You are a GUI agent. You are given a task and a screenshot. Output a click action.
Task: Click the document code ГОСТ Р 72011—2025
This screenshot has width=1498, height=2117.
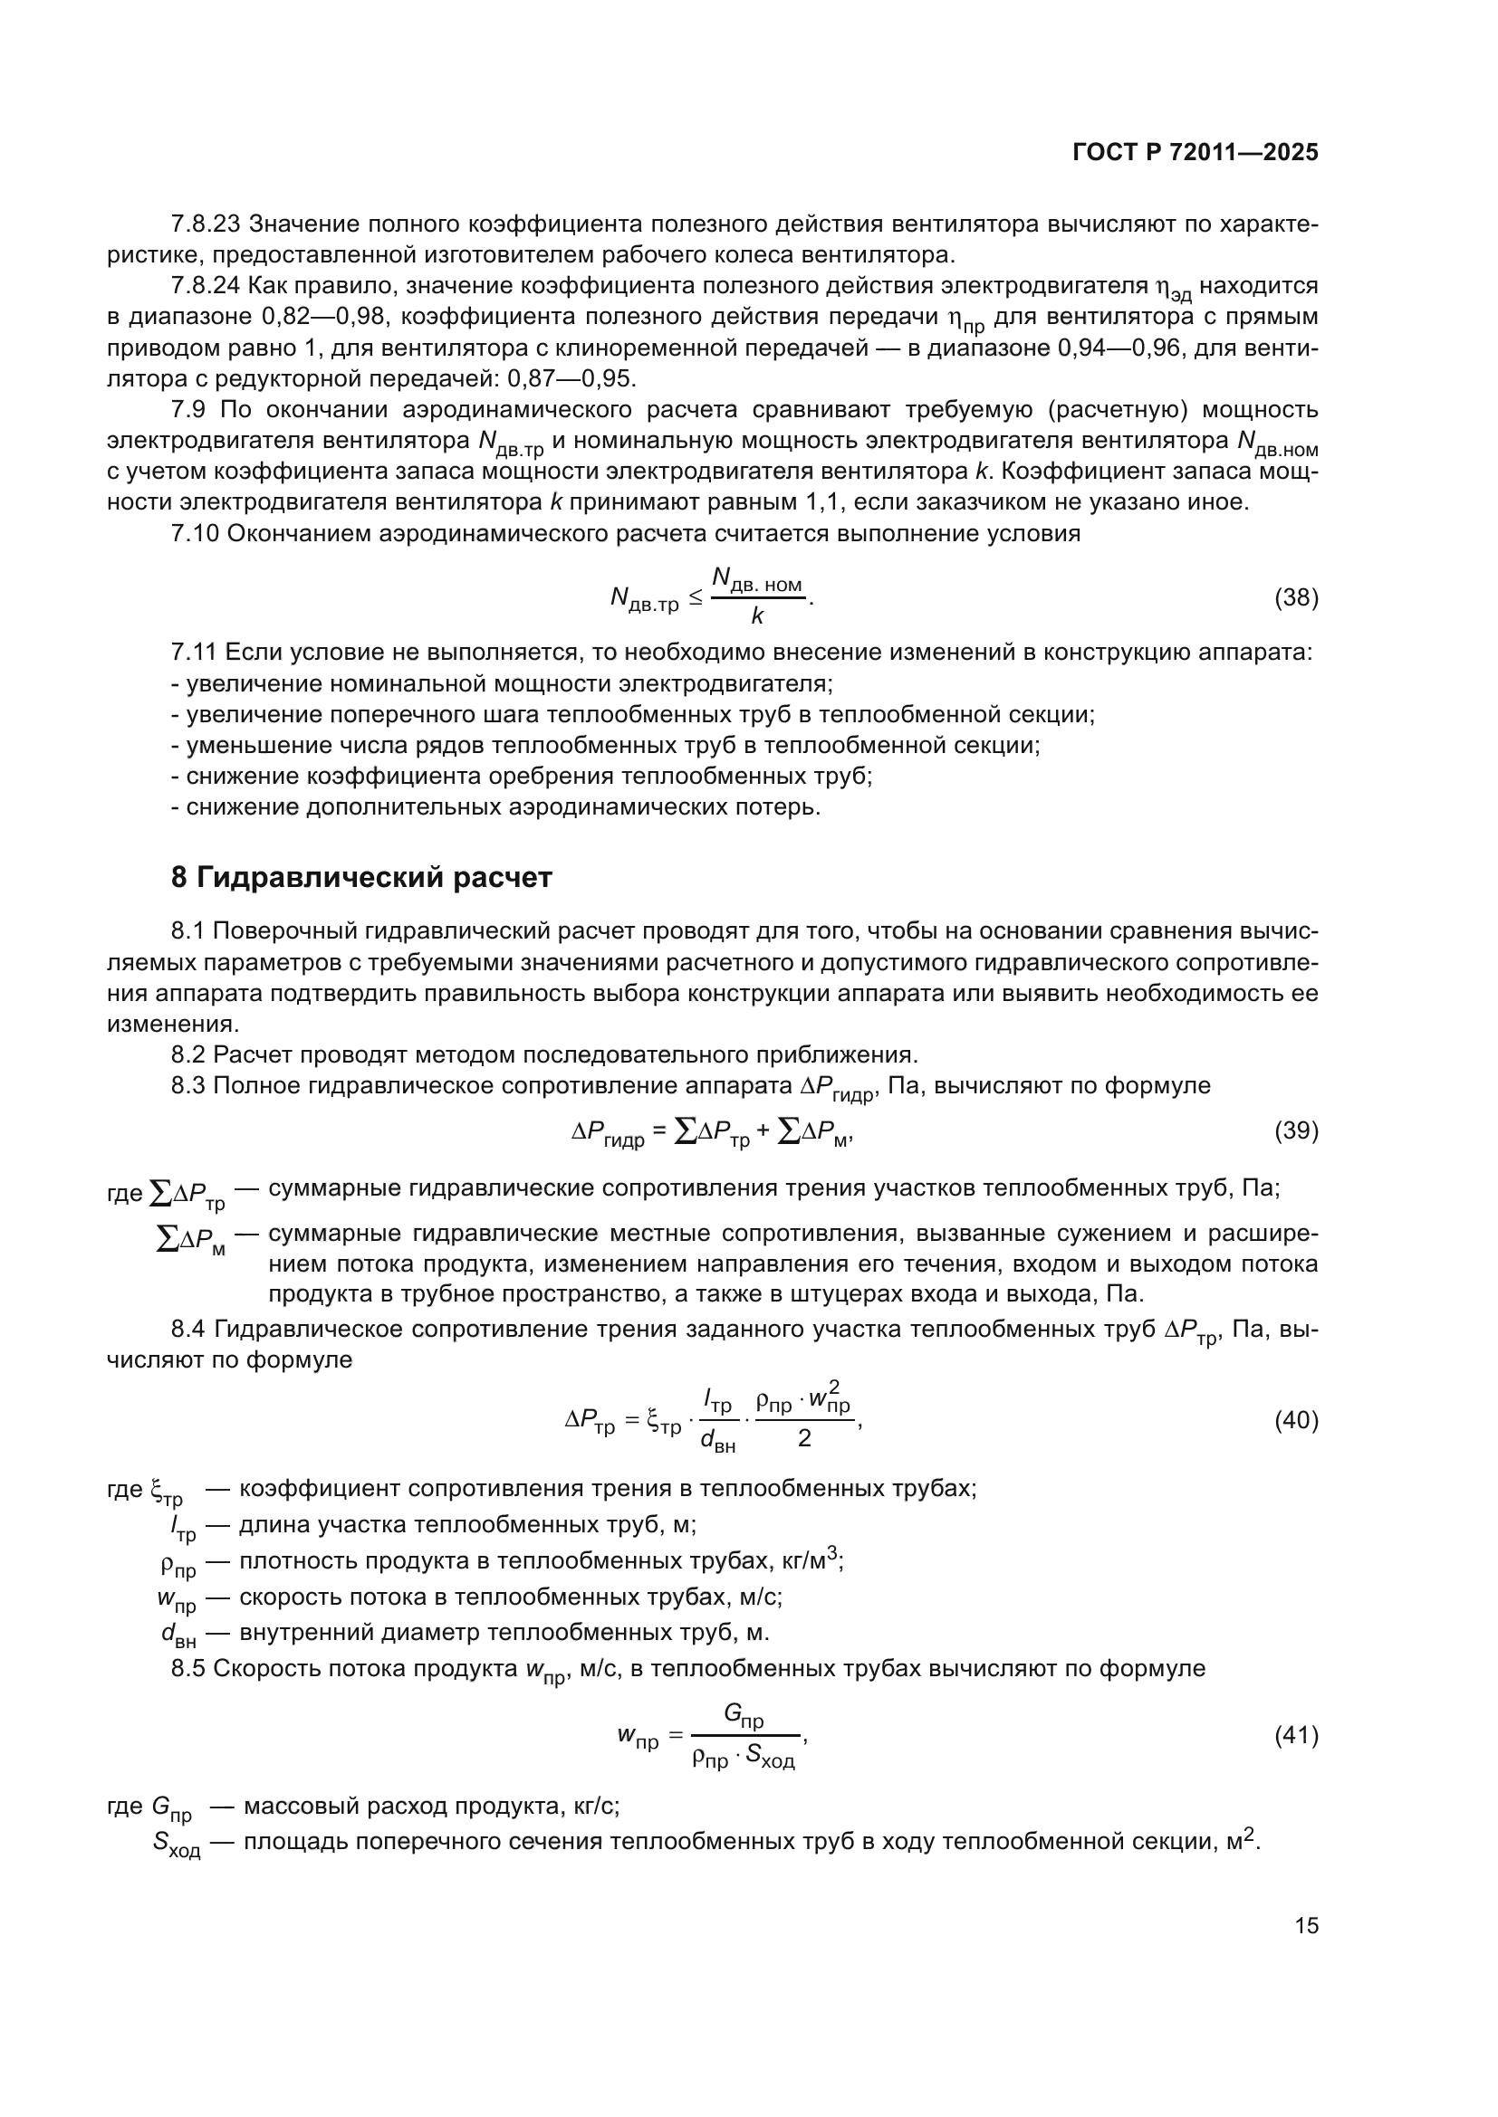(x=1196, y=153)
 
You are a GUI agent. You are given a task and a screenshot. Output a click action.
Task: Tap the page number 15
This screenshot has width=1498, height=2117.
(x=1306, y=1925)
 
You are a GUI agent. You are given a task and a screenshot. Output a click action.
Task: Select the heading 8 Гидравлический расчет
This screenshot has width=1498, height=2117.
(x=361, y=877)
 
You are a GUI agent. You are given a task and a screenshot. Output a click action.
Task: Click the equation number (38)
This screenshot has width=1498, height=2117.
(x=1296, y=597)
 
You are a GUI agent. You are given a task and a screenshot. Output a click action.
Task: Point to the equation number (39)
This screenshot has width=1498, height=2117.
(x=1296, y=1130)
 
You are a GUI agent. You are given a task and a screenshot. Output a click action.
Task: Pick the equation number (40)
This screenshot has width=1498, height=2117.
(x=1296, y=1420)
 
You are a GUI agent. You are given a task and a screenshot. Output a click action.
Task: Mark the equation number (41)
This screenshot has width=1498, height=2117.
(x=1296, y=1736)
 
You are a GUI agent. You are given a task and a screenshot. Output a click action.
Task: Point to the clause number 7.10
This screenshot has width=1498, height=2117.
(x=195, y=534)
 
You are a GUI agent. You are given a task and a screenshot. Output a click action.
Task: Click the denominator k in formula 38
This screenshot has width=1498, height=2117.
(x=757, y=617)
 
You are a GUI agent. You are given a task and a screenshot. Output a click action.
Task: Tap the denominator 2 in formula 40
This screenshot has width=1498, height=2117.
(x=803, y=1438)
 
